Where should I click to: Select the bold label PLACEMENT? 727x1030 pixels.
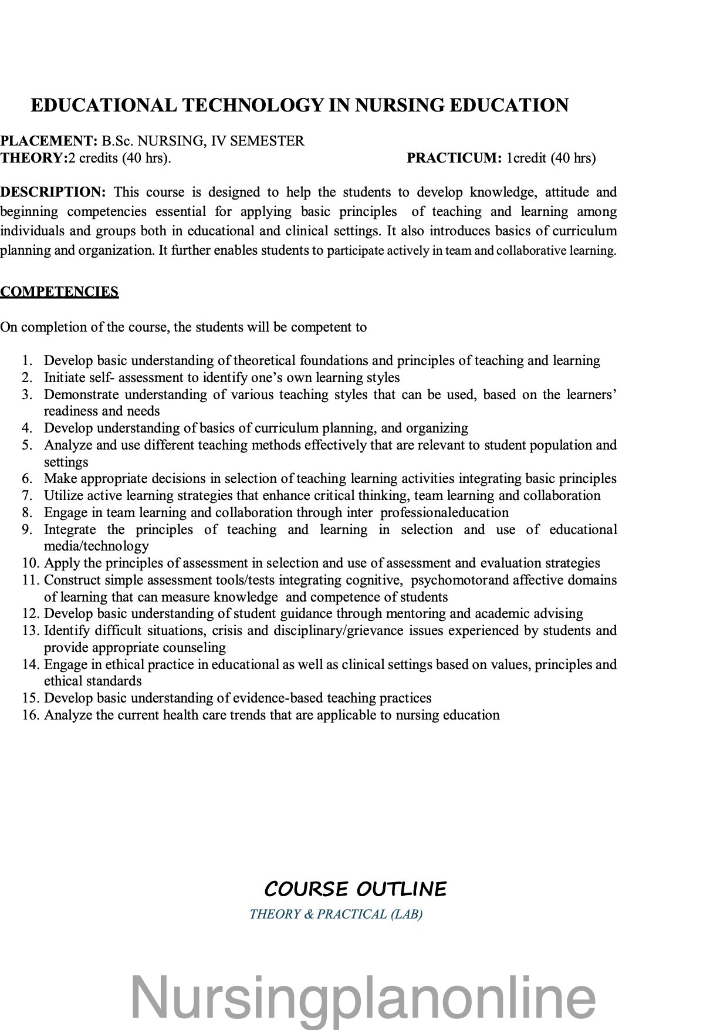pyautogui.click(x=49, y=141)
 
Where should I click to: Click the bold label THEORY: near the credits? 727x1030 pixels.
pyautogui.click(x=34, y=158)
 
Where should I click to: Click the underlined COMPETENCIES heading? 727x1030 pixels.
pyautogui.click(x=59, y=292)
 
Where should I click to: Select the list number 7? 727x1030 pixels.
pyautogui.click(x=27, y=495)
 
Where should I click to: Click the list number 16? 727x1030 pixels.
pyautogui.click(x=30, y=715)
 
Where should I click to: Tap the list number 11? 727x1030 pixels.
pyautogui.click(x=30, y=580)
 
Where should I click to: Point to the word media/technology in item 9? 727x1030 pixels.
pyautogui.click(x=96, y=546)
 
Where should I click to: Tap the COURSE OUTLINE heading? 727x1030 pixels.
pyautogui.click(x=356, y=889)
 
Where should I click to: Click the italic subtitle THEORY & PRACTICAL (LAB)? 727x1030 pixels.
pyautogui.click(x=336, y=914)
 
